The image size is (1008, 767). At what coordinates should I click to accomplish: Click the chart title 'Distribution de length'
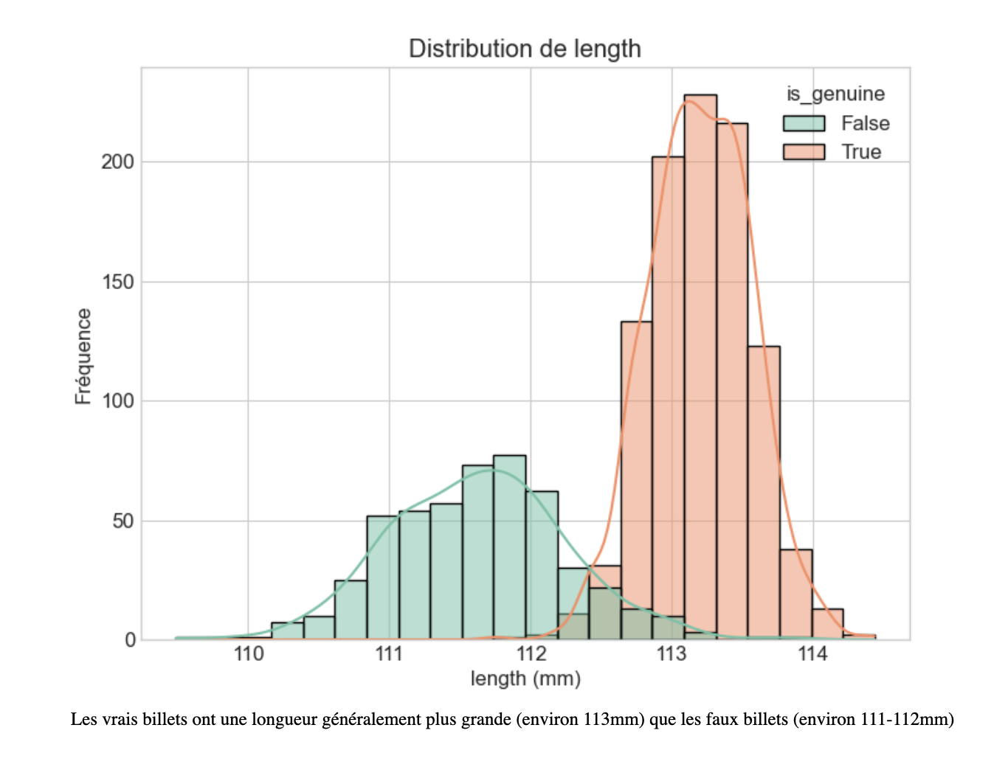tap(525, 49)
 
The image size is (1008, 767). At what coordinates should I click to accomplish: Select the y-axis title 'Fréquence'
tap(83, 356)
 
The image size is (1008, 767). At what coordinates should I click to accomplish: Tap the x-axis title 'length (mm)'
tap(525, 678)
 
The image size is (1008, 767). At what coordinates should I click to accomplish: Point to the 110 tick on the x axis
tap(249, 654)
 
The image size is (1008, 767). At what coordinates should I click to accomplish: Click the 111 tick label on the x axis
tap(390, 654)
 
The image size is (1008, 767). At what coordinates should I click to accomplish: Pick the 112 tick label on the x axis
tap(531, 654)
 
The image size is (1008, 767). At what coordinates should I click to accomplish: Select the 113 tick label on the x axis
tap(672, 654)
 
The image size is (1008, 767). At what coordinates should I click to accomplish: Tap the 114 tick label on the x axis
tap(812, 654)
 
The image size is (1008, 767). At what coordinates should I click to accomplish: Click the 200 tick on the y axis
tap(117, 162)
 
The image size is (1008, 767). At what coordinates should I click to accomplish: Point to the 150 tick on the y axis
tap(117, 282)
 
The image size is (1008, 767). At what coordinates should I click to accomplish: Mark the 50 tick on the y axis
tap(122, 521)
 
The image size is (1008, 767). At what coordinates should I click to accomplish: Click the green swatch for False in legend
tap(804, 123)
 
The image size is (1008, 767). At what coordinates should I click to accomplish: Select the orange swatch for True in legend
tap(804, 152)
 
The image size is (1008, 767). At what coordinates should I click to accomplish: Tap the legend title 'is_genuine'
tap(835, 94)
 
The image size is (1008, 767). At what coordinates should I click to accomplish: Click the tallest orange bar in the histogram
tap(700, 369)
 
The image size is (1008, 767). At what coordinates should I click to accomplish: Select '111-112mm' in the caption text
tap(907, 719)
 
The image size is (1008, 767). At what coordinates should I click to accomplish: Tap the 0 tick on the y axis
tap(130, 640)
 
